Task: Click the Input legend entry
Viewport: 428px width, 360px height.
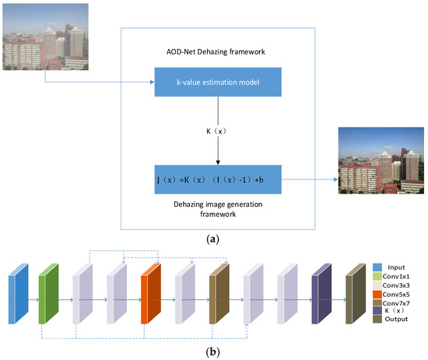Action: (x=395, y=266)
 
